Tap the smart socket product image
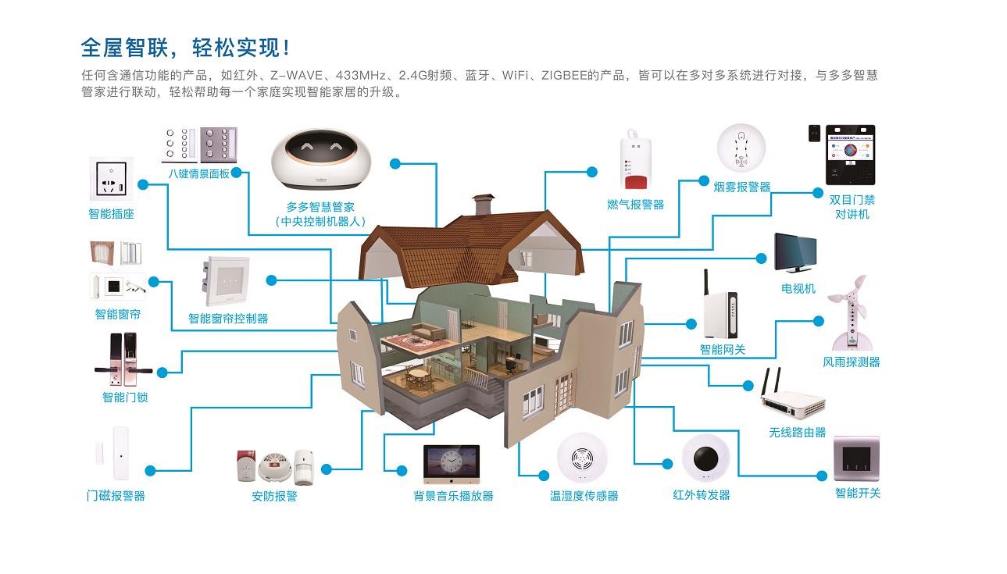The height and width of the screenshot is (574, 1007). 110,180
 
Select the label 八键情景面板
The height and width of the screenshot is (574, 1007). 199,173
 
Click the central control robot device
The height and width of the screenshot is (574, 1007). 320,159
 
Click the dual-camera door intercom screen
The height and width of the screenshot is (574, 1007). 851,155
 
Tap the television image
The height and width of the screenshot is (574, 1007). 796,252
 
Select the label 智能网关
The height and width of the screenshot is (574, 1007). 722,349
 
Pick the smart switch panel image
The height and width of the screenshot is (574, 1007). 856,458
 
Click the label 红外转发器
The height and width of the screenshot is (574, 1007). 702,494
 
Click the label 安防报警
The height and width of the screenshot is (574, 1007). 274,496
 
